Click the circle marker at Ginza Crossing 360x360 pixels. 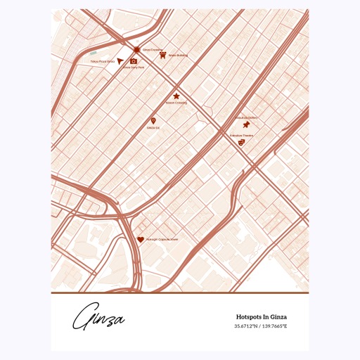[136, 49]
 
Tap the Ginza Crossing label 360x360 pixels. [153, 50]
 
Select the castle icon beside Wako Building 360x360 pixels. [162, 55]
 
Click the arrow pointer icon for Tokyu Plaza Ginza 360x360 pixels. [120, 61]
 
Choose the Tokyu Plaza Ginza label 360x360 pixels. [102, 62]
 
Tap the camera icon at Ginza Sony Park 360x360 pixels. [134, 61]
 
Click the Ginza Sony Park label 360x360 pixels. [134, 67]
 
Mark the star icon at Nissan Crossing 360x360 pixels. [176, 96]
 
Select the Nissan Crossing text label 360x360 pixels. [176, 103]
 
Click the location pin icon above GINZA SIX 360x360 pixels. [153, 121]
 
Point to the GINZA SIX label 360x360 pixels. [153, 128]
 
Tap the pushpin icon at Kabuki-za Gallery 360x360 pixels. [246, 124]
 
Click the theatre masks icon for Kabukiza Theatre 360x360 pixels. [241, 142]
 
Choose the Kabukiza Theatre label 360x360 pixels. [241, 135]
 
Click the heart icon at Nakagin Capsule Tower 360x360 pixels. [140, 239]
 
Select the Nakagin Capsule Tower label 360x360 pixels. [162, 240]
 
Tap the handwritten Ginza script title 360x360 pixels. [98, 317]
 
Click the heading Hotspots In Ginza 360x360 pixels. [261, 317]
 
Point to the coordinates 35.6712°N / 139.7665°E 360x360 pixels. [261, 326]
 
